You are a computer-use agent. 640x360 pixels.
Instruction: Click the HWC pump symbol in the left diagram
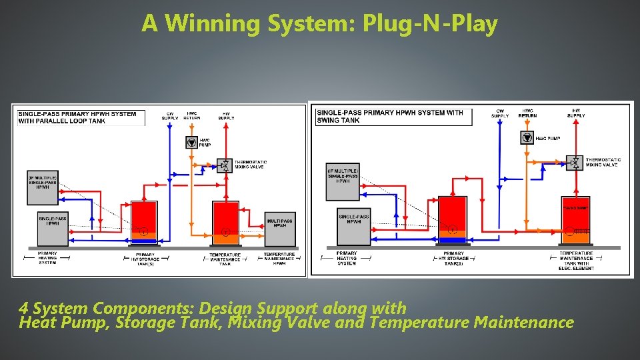click(192, 142)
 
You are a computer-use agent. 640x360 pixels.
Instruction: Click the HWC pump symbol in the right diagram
click(527, 138)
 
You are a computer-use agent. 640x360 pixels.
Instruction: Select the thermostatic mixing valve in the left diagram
click(225, 165)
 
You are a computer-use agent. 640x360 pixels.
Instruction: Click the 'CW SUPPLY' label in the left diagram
click(170, 116)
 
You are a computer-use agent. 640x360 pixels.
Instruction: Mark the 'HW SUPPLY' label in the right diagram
click(576, 113)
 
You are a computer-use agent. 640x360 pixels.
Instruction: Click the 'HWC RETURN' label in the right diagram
click(527, 113)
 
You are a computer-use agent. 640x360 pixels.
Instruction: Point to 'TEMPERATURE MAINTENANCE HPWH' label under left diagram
click(279, 259)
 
